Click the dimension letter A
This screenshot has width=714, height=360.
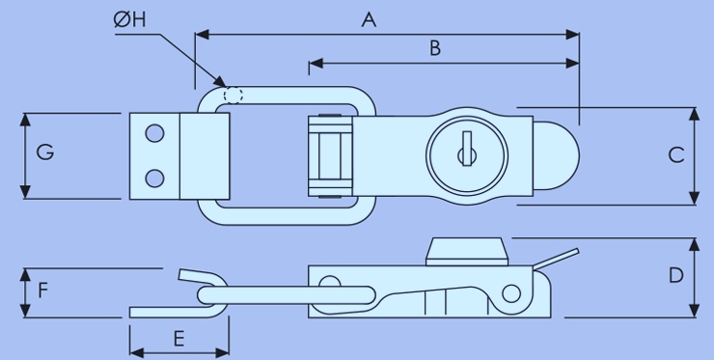[x=369, y=19]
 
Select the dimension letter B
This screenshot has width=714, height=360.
[x=435, y=48]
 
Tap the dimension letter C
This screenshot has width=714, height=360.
[x=676, y=155]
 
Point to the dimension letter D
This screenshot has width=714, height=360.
[x=676, y=275]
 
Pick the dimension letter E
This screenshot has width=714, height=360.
[x=178, y=339]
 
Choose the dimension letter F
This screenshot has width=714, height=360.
[x=42, y=291]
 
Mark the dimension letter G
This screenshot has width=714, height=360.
[x=45, y=152]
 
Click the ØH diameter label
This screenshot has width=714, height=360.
[x=130, y=19]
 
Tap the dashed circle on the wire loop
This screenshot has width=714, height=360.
[x=233, y=96]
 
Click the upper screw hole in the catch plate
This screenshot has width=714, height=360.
[x=154, y=133]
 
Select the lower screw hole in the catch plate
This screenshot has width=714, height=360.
[x=154, y=179]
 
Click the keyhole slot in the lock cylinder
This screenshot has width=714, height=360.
[x=467, y=149]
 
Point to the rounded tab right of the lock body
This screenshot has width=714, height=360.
[x=556, y=155]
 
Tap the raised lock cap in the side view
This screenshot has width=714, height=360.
[x=467, y=252]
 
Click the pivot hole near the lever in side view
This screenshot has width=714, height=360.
[x=511, y=294]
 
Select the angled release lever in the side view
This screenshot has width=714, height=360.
[x=557, y=258]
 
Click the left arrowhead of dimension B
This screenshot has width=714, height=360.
[x=316, y=64]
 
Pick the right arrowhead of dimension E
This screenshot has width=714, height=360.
[x=222, y=352]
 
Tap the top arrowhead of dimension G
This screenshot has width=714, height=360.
[x=25, y=120]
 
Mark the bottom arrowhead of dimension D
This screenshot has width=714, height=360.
[x=694, y=311]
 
